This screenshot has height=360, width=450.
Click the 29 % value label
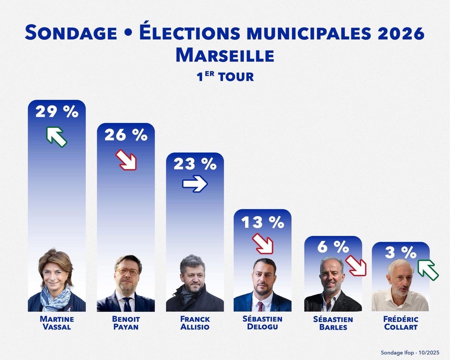click(x=57, y=112)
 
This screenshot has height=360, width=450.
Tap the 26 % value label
click(x=126, y=135)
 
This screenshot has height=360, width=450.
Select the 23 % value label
click(x=195, y=164)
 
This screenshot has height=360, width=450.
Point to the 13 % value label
click(x=262, y=222)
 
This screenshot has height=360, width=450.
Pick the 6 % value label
click(x=333, y=247)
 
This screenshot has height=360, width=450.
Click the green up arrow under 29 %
click(x=56, y=136)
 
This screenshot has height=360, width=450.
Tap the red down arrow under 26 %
click(x=126, y=159)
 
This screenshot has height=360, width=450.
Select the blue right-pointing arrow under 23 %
click(x=195, y=184)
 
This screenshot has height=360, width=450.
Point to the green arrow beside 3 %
click(x=428, y=269)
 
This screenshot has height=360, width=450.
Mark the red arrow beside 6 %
click(x=355, y=265)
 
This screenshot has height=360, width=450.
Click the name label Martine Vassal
click(x=57, y=323)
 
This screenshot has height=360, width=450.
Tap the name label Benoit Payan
click(x=126, y=323)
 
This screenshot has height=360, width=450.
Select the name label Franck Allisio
click(x=195, y=323)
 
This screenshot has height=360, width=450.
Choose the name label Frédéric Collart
click(x=400, y=323)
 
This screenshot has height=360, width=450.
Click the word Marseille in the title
click(x=225, y=55)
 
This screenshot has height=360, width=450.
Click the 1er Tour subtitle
click(x=225, y=76)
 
